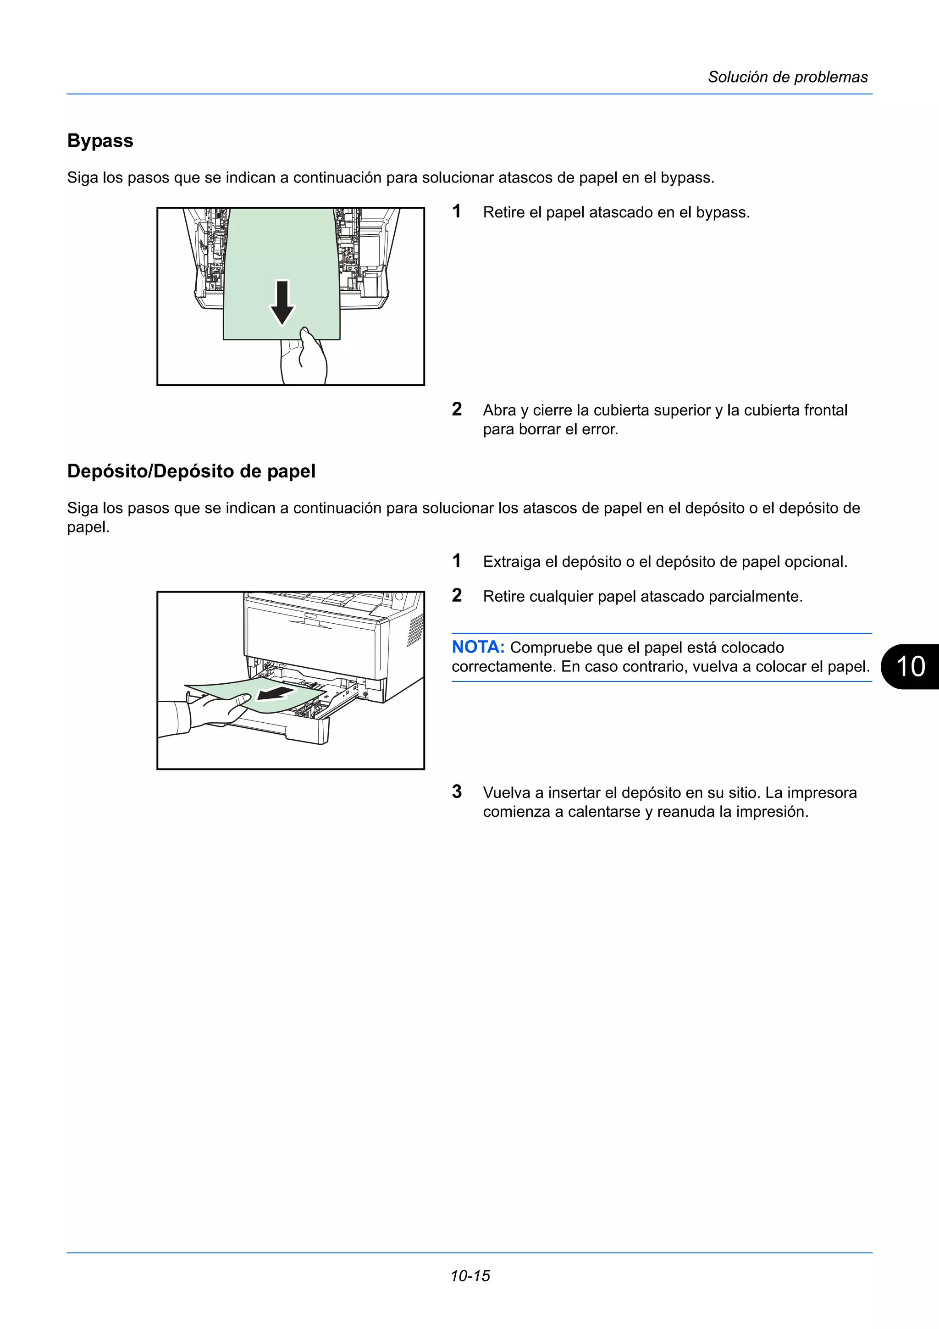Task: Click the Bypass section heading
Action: point(100,141)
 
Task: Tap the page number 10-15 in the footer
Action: point(470,1276)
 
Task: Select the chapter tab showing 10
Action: point(910,666)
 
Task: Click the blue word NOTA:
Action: point(478,647)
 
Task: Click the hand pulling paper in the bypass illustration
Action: point(304,359)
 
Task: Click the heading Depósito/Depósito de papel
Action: point(191,471)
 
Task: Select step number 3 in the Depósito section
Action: point(457,792)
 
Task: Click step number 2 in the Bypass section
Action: point(457,409)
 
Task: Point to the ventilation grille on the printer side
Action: point(415,631)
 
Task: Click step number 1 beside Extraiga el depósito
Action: point(457,560)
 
